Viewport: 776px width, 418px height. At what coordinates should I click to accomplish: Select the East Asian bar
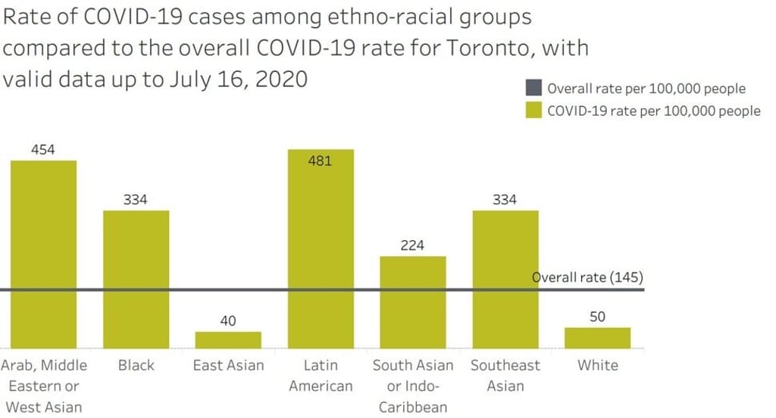(x=228, y=340)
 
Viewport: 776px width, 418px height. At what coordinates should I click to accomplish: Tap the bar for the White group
(x=597, y=338)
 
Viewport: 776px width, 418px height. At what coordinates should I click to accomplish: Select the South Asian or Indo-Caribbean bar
(x=413, y=302)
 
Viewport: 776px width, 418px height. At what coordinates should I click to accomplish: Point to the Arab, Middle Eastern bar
(x=43, y=254)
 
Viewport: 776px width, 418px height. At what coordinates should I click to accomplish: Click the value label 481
(x=320, y=161)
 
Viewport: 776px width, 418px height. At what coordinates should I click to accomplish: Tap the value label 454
(x=43, y=150)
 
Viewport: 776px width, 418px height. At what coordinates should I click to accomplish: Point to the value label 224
(x=413, y=245)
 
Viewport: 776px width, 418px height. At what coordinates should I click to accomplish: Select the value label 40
(x=228, y=321)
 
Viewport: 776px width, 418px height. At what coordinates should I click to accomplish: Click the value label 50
(x=597, y=317)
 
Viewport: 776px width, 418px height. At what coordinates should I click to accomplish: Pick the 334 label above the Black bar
(x=136, y=200)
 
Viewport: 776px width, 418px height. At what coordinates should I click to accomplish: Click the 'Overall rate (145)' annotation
(x=587, y=277)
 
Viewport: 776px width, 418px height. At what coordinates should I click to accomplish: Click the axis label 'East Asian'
(x=228, y=366)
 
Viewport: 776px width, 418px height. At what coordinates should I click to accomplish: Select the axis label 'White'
(x=597, y=366)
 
